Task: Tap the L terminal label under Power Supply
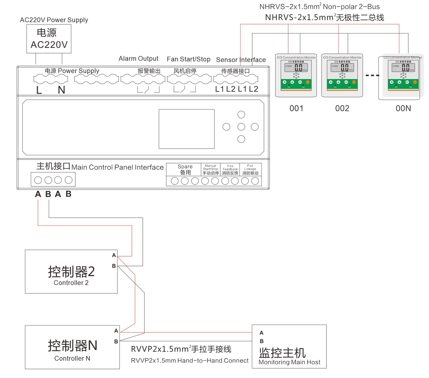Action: [x=39, y=91]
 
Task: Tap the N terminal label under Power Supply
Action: [x=62, y=91]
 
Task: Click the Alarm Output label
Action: [x=138, y=59]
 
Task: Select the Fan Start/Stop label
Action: [x=188, y=59]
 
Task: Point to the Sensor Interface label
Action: [x=241, y=60]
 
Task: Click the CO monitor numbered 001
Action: [x=296, y=75]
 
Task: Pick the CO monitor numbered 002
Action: [x=342, y=75]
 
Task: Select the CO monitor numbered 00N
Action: [x=402, y=77]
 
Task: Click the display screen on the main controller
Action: [x=186, y=129]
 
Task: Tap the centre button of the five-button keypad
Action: [x=241, y=127]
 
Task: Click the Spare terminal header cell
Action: [x=185, y=169]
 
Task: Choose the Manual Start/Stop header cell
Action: [x=211, y=169]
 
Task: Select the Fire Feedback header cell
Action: [x=230, y=169]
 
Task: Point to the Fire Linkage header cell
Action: [x=250, y=169]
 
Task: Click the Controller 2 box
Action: [x=71, y=272]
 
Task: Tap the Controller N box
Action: [x=72, y=347]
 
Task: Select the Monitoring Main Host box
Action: [x=289, y=346]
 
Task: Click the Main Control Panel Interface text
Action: [x=117, y=167]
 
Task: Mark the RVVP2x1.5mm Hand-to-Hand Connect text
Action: [x=190, y=360]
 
